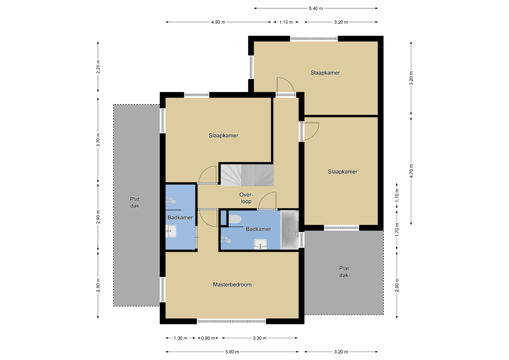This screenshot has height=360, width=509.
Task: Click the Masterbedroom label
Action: pos(232,285)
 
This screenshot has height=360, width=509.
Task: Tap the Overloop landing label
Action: pos(246,198)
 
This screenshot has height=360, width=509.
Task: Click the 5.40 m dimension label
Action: pos(316,8)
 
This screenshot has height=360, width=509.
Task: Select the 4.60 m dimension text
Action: pos(218,22)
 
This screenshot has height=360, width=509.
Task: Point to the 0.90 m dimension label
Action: pos(208,338)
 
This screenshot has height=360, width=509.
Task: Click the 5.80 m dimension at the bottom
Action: pos(232,352)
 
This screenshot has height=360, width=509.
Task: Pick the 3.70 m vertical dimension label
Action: pos(98,140)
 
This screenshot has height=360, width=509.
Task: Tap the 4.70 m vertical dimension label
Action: pos(411,171)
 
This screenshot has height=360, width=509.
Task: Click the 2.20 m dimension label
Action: pos(98,67)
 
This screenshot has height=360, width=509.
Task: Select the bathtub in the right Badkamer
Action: pos(289,230)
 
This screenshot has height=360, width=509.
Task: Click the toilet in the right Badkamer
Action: pos(235,219)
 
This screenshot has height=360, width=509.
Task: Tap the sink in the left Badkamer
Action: pos(171,231)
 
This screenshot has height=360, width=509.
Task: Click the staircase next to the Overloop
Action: pos(247,175)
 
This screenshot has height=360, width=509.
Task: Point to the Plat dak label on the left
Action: pos(135,202)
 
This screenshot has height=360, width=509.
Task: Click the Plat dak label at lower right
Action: pos(344,272)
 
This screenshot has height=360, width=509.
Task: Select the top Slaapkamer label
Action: pos(325,73)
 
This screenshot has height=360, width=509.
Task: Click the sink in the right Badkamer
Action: pos(260,244)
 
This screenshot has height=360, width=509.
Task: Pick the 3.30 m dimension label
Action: pos(260,338)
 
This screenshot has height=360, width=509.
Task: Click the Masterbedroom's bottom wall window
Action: pos(231,321)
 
